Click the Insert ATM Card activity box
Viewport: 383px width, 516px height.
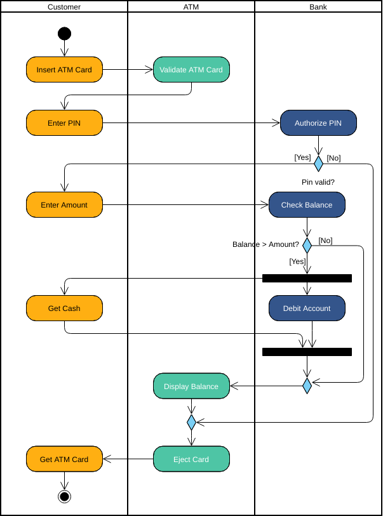coord(64,70)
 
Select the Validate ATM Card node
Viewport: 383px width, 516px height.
coord(191,70)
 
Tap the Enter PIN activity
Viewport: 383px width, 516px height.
coord(64,123)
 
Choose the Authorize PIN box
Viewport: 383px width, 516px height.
coord(318,123)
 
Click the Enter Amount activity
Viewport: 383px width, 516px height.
coord(64,205)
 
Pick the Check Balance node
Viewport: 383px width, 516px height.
coord(307,205)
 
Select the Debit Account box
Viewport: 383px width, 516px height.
coord(307,308)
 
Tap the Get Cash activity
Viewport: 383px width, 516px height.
coord(64,308)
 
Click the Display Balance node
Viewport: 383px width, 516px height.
coord(191,386)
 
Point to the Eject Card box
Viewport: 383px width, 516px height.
coord(191,459)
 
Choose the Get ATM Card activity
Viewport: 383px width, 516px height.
coord(64,459)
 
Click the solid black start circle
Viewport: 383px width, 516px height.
coord(64,34)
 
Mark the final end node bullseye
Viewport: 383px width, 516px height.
coord(64,496)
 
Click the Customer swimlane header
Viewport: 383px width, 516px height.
coord(64,7)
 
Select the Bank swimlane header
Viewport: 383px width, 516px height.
coord(318,7)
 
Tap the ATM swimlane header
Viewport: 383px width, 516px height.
coord(191,7)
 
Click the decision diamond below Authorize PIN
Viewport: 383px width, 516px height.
coord(318,164)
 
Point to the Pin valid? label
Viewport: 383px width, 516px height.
coord(318,182)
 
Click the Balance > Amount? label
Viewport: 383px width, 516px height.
coord(265,244)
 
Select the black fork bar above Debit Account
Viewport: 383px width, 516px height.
coord(307,278)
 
